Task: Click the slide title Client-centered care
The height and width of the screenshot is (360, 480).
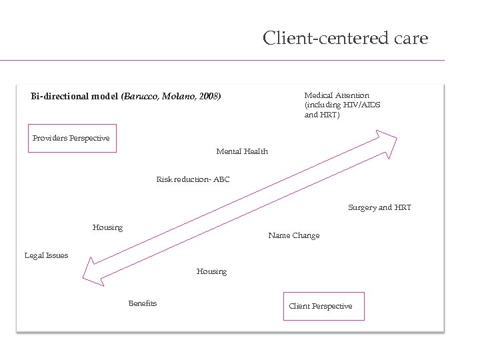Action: tap(345, 38)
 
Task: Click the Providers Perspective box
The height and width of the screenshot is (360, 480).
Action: tap(72, 139)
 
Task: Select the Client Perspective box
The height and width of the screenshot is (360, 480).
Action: tap(324, 307)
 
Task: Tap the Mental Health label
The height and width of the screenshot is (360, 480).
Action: tap(242, 151)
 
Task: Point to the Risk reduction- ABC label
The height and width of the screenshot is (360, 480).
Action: tap(193, 179)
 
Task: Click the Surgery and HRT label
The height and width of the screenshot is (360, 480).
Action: tap(379, 207)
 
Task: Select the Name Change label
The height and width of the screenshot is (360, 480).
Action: tap(293, 235)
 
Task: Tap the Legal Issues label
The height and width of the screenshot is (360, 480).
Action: tap(46, 255)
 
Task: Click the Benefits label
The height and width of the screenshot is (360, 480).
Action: tap(143, 303)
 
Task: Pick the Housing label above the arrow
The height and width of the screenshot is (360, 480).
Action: tap(107, 227)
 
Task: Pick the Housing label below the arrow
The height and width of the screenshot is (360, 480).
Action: tap(211, 271)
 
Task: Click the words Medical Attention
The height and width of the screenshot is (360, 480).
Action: tap(337, 96)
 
